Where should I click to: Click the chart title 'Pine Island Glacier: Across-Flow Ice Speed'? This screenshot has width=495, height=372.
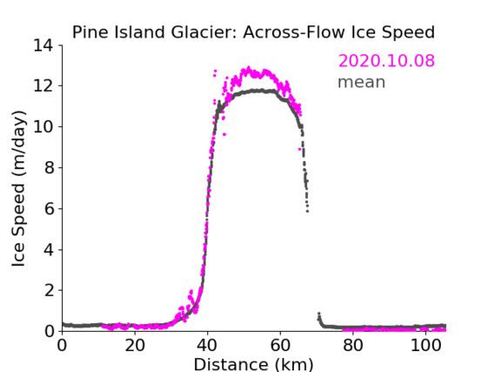pyautogui.click(x=253, y=32)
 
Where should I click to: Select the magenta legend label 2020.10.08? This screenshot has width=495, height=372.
pyautogui.click(x=386, y=61)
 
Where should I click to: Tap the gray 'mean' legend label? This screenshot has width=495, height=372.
pyautogui.click(x=362, y=82)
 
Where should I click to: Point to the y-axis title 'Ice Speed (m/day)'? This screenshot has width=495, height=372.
pyautogui.click(x=18, y=188)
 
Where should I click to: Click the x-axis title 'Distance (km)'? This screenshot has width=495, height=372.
pyautogui.click(x=253, y=364)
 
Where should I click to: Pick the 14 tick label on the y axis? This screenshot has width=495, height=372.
pyautogui.click(x=43, y=45)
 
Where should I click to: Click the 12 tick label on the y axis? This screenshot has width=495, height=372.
pyautogui.click(x=43, y=86)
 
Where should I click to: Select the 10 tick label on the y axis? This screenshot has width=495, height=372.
pyautogui.click(x=43, y=126)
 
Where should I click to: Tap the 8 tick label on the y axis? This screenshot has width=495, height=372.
pyautogui.click(x=49, y=167)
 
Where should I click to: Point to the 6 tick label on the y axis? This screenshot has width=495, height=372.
pyautogui.click(x=49, y=208)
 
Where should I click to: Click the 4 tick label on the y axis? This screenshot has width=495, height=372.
pyautogui.click(x=49, y=250)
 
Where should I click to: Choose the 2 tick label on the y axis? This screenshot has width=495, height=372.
pyautogui.click(x=49, y=290)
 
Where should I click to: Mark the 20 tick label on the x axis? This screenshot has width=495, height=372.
pyautogui.click(x=135, y=346)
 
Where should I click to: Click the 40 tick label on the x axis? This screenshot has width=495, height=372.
pyautogui.click(x=207, y=346)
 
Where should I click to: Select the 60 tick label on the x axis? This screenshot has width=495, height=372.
pyautogui.click(x=280, y=346)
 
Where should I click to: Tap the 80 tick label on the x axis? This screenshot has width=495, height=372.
pyautogui.click(x=353, y=346)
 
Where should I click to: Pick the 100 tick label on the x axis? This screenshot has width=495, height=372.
pyautogui.click(x=425, y=346)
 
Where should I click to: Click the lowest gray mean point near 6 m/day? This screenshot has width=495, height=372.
pyautogui.click(x=307, y=211)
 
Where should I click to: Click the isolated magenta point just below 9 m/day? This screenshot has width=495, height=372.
pyautogui.click(x=299, y=149)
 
